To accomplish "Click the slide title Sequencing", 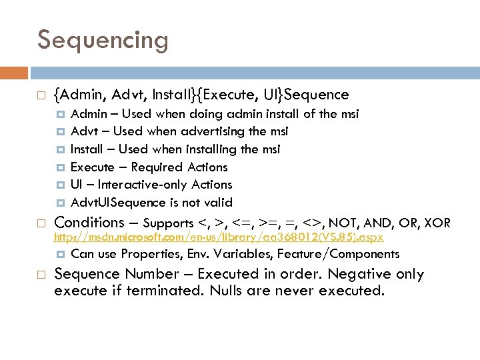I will [x=103, y=40].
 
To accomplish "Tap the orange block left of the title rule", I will [x=14, y=73].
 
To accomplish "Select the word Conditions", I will [x=89, y=223].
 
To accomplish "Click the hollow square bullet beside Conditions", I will [x=41, y=223].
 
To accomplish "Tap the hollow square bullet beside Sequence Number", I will [x=41, y=275].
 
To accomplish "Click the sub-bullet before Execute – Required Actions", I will [x=61, y=167].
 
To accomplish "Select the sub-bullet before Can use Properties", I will [x=61, y=254].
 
